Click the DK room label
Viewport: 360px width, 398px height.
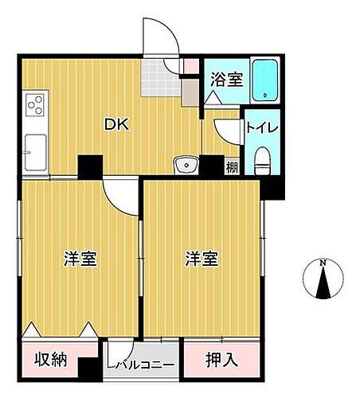[x=116, y=124]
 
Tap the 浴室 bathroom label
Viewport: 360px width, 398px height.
[x=226, y=80]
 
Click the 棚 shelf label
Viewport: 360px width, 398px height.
[x=230, y=166]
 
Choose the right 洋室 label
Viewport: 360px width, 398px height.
[x=202, y=259]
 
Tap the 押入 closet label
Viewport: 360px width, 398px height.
[x=222, y=359]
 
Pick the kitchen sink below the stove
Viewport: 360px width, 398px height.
[x=36, y=150]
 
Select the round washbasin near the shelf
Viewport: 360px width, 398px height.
[x=186, y=166]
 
